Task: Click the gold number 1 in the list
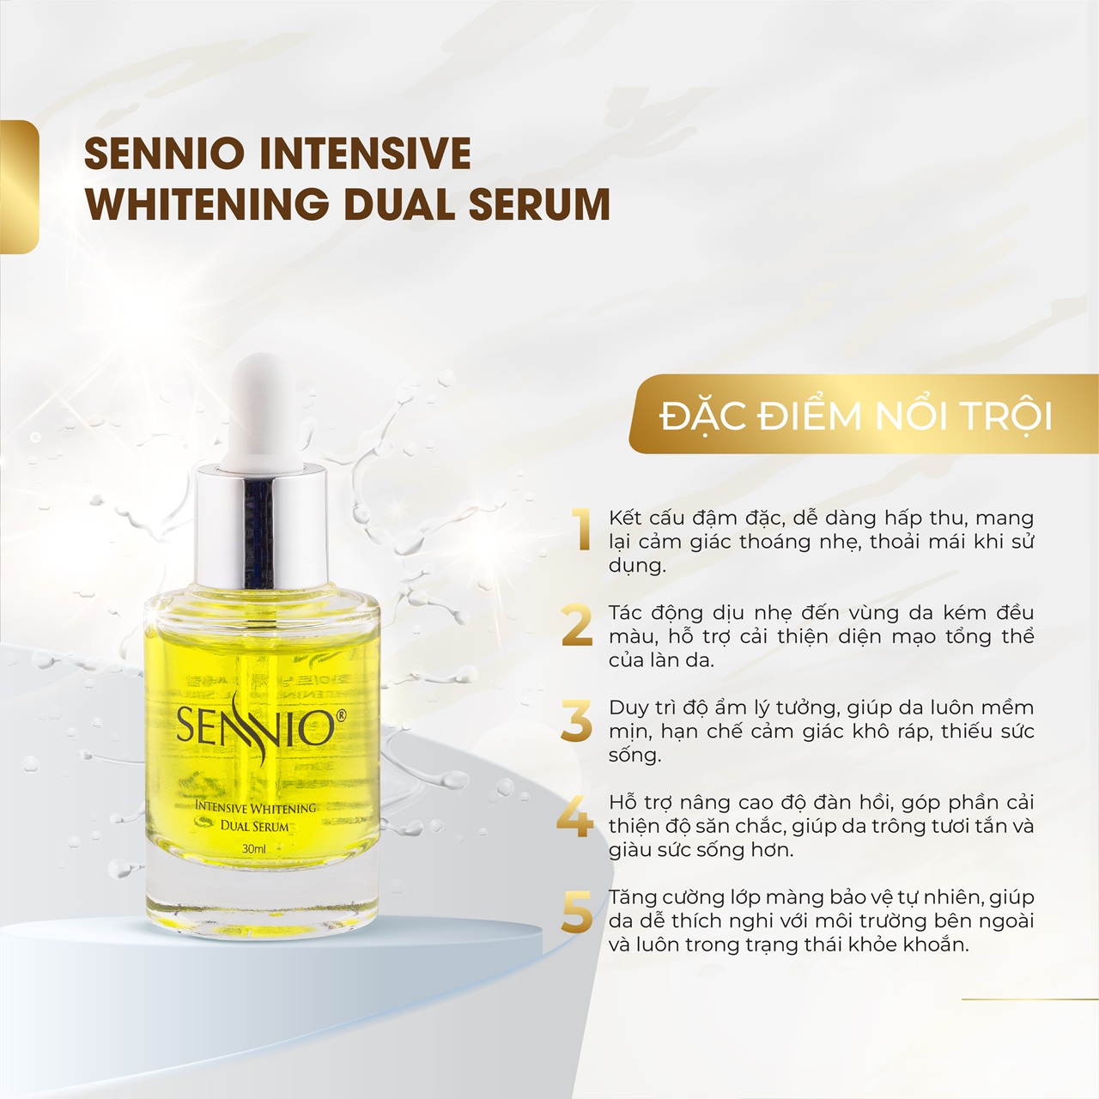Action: point(584,529)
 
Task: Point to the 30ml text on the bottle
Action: point(254,848)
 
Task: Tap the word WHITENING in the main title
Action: point(207,204)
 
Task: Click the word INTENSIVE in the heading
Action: point(365,154)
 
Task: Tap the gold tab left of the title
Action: point(19,187)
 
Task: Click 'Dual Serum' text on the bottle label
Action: point(254,826)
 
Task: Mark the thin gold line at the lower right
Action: point(1029,999)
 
